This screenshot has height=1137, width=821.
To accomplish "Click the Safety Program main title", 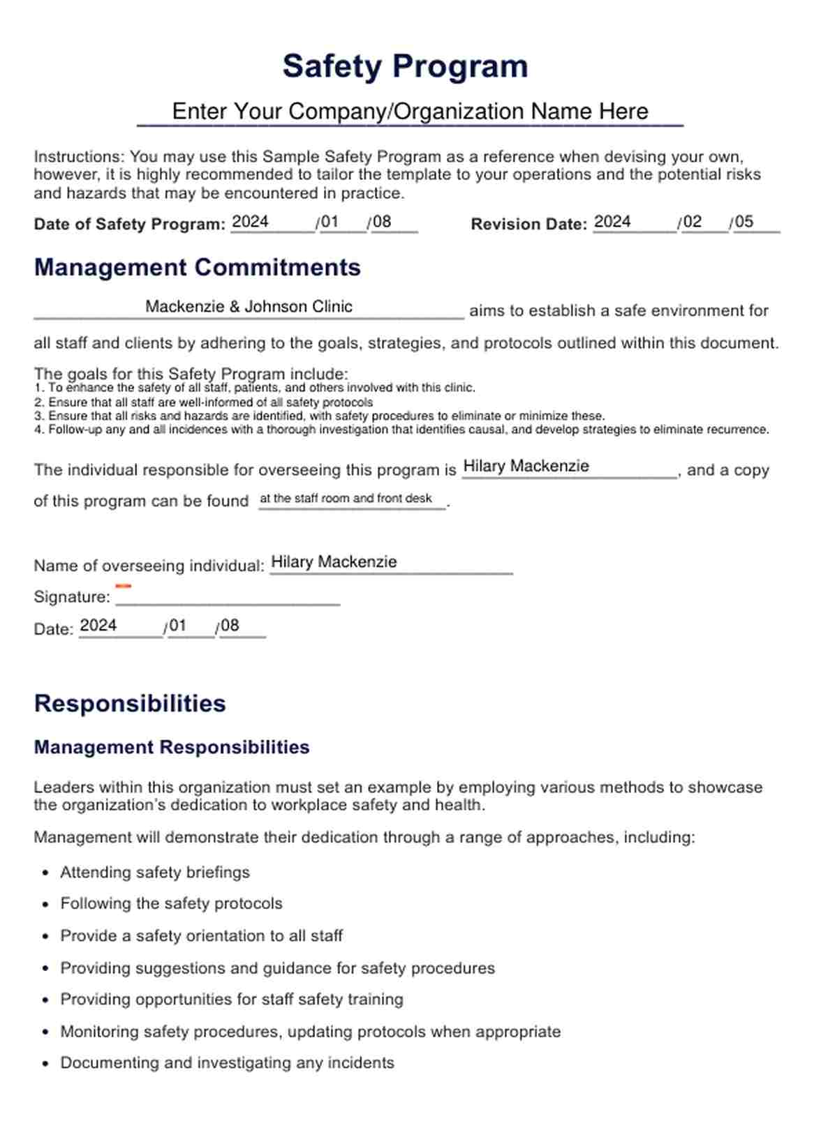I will click(x=405, y=67).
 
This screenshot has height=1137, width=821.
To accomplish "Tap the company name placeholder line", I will click(x=410, y=112).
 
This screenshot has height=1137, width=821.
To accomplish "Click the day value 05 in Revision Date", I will click(x=744, y=222).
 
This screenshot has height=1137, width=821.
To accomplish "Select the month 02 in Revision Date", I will click(x=693, y=222).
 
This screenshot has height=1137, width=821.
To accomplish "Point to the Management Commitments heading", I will click(x=198, y=268).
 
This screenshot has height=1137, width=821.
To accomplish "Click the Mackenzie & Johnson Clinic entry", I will click(x=249, y=307).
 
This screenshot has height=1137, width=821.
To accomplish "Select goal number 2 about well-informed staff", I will click(x=203, y=402).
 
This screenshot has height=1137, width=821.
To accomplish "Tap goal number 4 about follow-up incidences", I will click(x=401, y=430).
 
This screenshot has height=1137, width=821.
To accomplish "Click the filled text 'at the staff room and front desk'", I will click(x=346, y=499).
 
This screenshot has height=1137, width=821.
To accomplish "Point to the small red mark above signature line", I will click(x=123, y=586).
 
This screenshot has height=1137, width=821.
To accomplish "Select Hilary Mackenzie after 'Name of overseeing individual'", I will click(x=334, y=562).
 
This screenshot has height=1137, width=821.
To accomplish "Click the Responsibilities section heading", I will click(x=130, y=703).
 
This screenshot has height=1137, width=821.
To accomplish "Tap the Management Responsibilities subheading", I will click(x=172, y=747).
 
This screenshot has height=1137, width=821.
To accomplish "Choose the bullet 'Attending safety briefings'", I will click(x=155, y=873).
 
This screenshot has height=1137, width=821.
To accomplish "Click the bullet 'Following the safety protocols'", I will click(x=171, y=904).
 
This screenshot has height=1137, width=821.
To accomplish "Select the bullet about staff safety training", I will click(x=232, y=1000).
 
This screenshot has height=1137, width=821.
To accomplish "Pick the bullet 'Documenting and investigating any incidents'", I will click(x=227, y=1063).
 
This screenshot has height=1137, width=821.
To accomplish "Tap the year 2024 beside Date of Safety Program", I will click(x=250, y=222).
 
